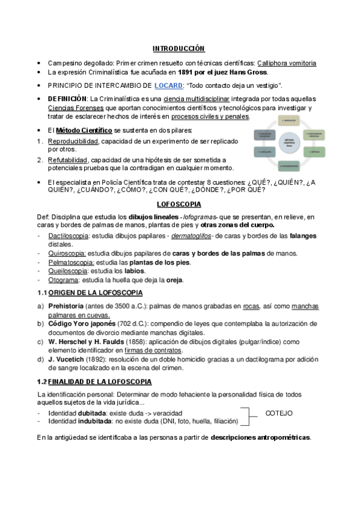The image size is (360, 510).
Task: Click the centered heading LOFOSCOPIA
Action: click(178, 204)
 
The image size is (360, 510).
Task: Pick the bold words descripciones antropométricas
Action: click(260, 437)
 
